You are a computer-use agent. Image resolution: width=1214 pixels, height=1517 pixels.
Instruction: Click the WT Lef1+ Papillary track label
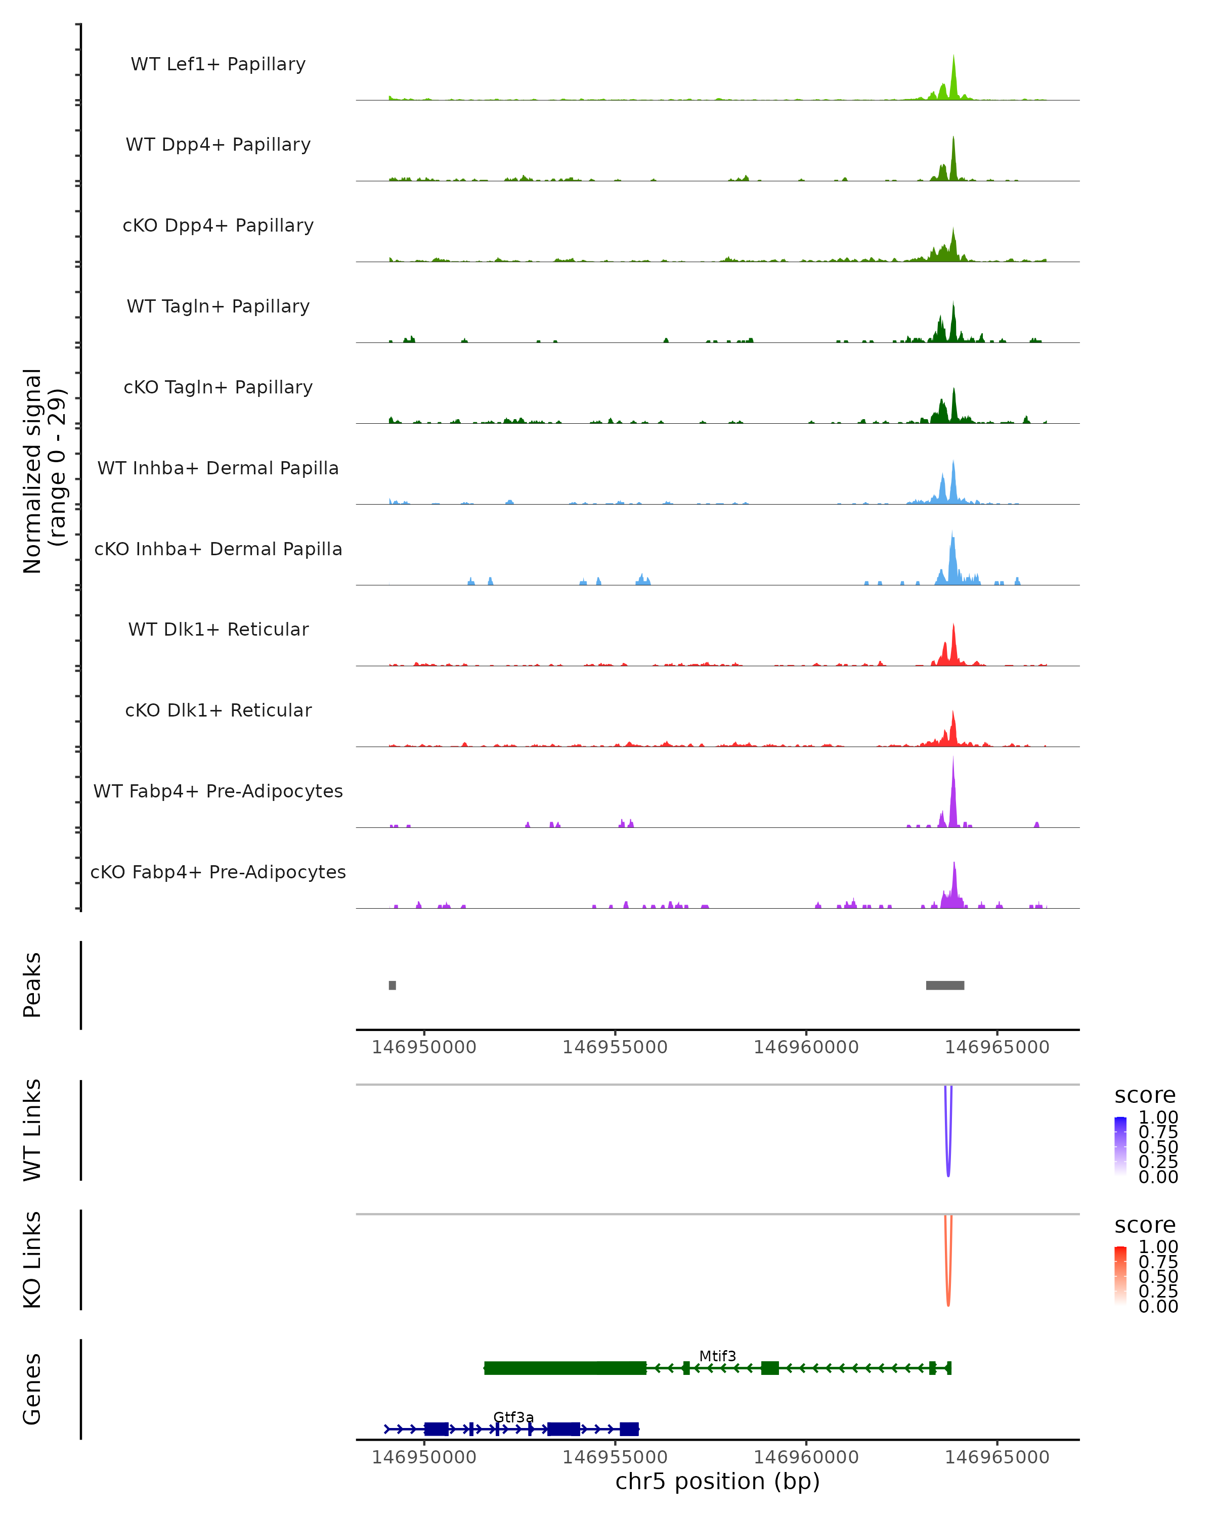coord(218,64)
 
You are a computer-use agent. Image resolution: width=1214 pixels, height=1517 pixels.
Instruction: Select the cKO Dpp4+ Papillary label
coord(218,225)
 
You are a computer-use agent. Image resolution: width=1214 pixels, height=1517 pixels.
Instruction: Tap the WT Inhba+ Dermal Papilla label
coord(218,468)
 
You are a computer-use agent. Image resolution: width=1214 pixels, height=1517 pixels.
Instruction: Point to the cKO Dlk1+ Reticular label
coord(218,710)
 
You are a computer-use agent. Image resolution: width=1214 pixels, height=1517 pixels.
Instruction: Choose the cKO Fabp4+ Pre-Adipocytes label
coord(218,872)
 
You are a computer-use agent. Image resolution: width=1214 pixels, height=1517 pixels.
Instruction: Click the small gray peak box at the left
coord(392,985)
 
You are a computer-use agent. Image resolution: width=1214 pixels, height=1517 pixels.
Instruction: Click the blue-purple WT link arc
coord(947,1154)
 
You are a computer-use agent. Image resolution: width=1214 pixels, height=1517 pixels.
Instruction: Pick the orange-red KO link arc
coord(947,1284)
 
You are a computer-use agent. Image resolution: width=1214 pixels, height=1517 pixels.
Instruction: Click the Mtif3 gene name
coord(717,1356)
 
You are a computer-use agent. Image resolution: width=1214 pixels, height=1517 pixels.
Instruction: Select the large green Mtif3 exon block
coord(565,1368)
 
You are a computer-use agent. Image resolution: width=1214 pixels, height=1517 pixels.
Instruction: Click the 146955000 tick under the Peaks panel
coord(615,1047)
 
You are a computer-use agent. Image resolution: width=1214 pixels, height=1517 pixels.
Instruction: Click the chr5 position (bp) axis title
coord(717,1482)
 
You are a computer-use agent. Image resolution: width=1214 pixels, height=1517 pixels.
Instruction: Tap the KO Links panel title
coord(32,1260)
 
